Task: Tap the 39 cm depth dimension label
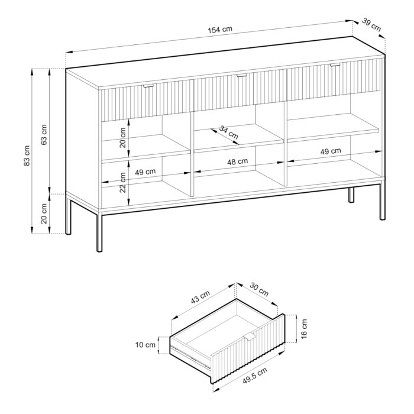(x=371, y=25)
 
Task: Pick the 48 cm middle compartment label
(x=238, y=161)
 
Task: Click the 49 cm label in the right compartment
(x=331, y=151)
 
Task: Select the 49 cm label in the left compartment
(x=145, y=172)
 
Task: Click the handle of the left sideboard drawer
(x=147, y=86)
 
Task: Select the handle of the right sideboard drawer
(x=335, y=64)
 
